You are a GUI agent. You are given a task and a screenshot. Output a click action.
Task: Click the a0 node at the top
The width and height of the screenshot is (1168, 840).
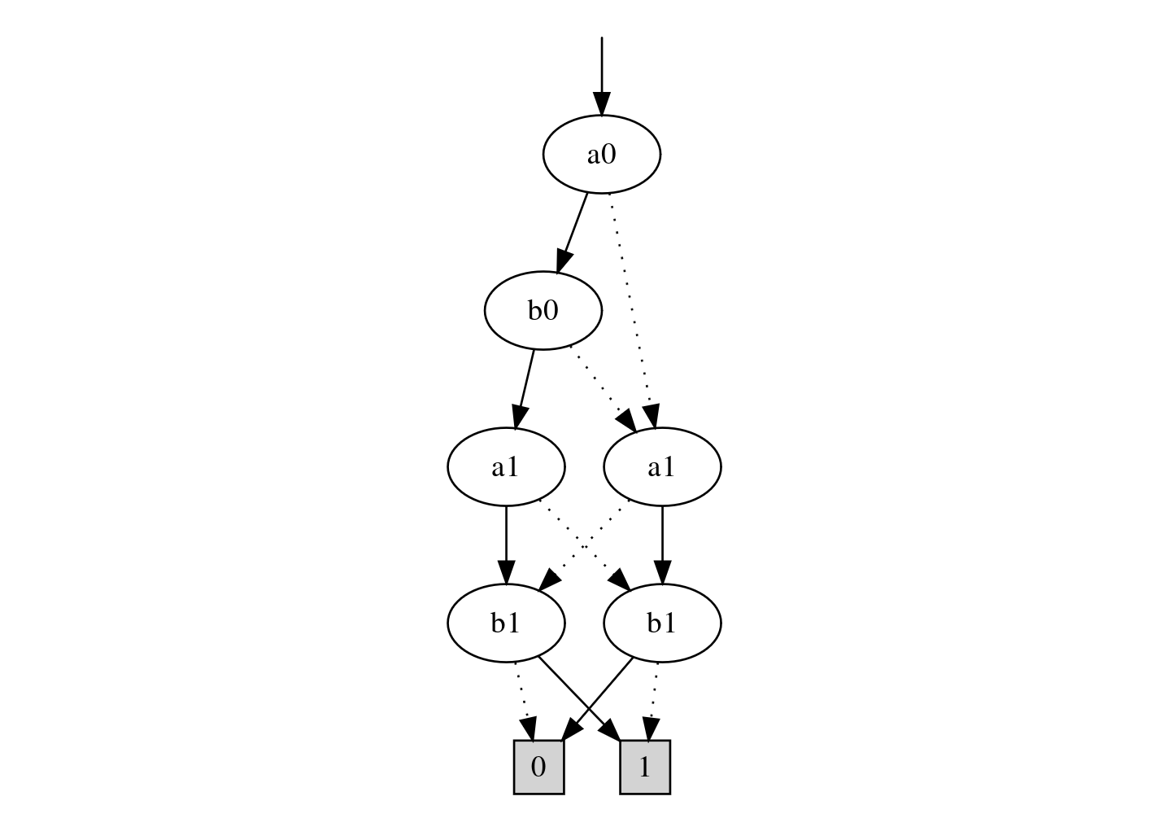[601, 155]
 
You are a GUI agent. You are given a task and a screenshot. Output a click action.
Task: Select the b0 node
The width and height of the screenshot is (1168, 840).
[543, 311]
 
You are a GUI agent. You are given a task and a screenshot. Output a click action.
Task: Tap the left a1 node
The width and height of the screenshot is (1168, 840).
[505, 467]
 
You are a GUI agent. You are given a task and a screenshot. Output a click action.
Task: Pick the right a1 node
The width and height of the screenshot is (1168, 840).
[661, 467]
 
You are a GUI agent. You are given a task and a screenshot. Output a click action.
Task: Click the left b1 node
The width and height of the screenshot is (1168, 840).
[505, 623]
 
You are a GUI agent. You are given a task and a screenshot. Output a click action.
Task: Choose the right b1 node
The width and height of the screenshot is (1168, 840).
[661, 623]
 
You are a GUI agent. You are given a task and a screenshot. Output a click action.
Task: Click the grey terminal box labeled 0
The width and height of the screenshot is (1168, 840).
[538, 767]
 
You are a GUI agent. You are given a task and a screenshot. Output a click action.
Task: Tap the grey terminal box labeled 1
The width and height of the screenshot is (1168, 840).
[644, 767]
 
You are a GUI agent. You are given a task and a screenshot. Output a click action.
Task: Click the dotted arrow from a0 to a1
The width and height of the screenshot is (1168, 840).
[630, 301]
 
